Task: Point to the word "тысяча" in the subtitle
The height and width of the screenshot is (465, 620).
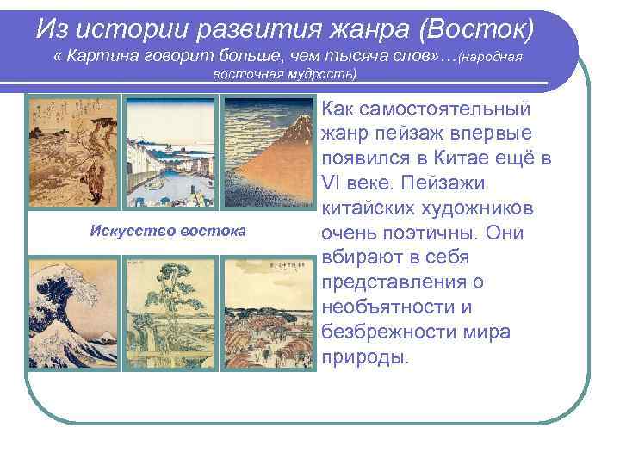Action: coord(340,56)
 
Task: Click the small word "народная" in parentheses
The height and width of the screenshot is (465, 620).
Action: coord(493,57)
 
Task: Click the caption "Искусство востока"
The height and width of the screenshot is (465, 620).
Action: coord(168,230)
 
